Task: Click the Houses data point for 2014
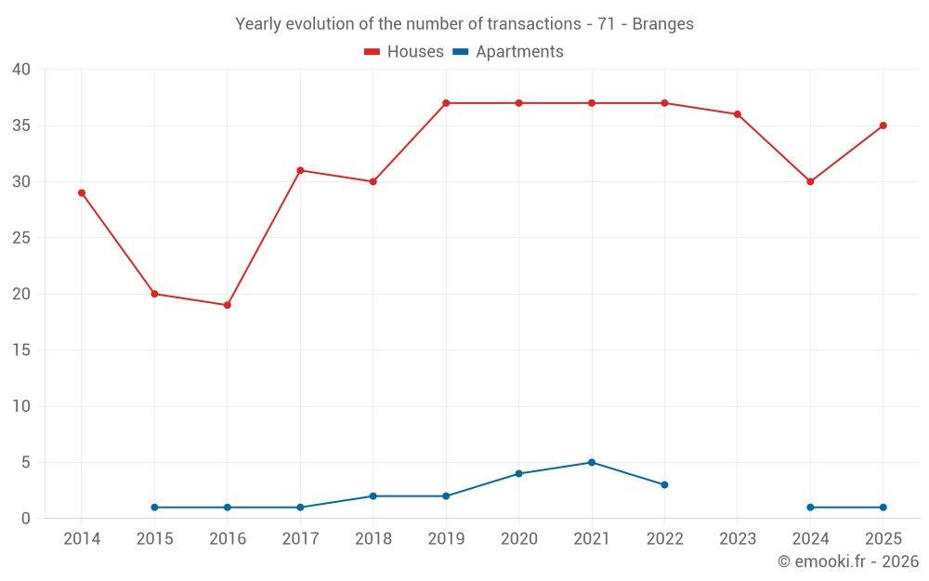pos(82,192)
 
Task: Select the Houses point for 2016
pos(227,305)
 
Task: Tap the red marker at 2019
pos(446,103)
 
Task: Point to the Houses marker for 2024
pos(810,181)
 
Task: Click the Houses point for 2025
pos(883,125)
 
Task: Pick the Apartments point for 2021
pos(592,462)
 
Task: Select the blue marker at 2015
pos(154,508)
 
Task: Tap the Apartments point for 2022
pos(664,484)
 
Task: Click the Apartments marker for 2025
pos(883,508)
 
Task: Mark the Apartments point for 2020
pos(518,473)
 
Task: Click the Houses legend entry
pos(404,52)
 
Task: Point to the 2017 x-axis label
pos(300,539)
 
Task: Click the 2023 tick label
pos(737,539)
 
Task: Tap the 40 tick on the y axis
pos(21,70)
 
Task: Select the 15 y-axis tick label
pos(21,350)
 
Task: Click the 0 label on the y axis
pos(26,519)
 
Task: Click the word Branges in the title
pos(662,24)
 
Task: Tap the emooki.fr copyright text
pos(847,561)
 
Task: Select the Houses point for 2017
pos(300,170)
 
